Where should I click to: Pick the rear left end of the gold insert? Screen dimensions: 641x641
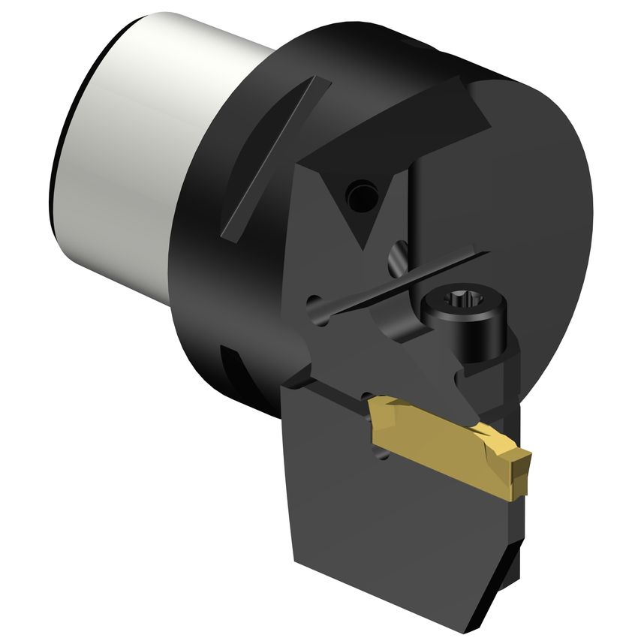click(x=375, y=409)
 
